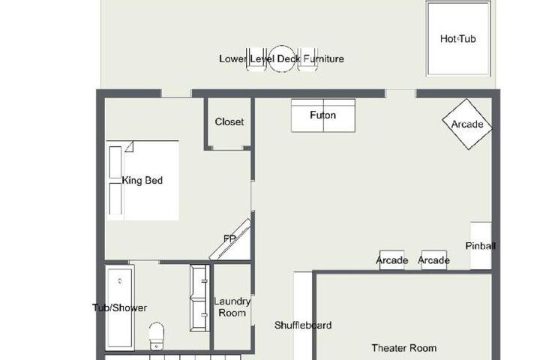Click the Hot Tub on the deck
click(458, 38)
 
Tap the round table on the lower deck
click(282, 58)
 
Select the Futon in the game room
click(323, 115)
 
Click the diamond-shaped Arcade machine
click(467, 124)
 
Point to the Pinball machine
click(481, 246)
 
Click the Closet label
click(229, 121)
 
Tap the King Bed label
click(142, 180)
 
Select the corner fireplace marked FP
click(230, 239)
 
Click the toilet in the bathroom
click(157, 336)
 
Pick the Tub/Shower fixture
click(119, 307)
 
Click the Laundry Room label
click(232, 307)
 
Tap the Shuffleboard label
click(303, 325)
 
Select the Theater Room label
click(404, 348)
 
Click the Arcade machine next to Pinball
click(434, 260)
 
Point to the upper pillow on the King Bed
click(115, 162)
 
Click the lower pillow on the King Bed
click(115, 199)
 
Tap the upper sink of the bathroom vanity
click(199, 282)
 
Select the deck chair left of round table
click(256, 59)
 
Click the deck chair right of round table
click(307, 59)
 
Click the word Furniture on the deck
click(324, 59)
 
